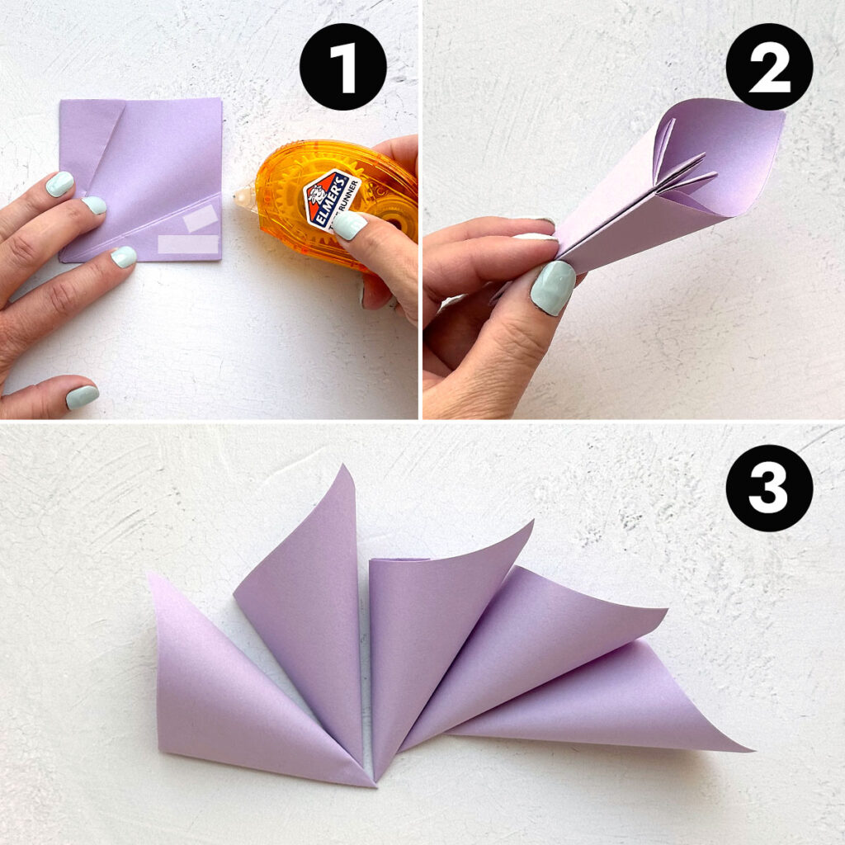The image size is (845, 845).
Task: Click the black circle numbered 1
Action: click(343, 66)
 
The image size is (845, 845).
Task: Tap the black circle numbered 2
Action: click(769, 66)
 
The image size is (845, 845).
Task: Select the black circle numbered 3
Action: click(769, 488)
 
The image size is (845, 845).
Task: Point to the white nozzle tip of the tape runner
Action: click(242, 196)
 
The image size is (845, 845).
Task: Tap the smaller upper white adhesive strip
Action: click(201, 219)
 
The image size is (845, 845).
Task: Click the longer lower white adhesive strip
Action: click(187, 244)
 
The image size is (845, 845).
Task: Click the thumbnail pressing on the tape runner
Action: click(348, 225)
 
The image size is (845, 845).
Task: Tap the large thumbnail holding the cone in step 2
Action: click(552, 287)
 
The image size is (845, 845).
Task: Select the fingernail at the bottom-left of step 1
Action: click(82, 397)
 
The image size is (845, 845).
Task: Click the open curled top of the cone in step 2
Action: click(710, 157)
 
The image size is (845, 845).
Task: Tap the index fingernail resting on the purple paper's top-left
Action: click(59, 183)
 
